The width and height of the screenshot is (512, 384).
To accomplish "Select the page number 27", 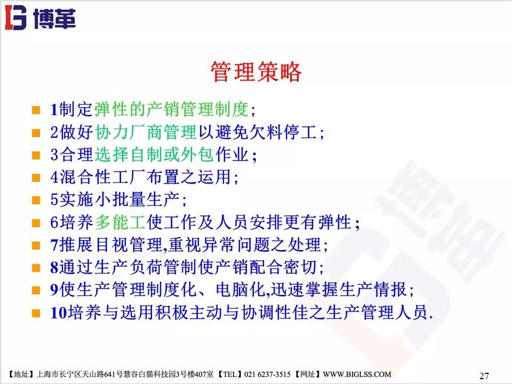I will [484, 375].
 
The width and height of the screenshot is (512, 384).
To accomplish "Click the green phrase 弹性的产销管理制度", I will [171, 110].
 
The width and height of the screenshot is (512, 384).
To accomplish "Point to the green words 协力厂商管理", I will [146, 132].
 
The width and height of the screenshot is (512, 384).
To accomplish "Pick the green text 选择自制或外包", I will [154, 155].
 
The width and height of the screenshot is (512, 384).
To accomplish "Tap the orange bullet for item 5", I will [36, 200].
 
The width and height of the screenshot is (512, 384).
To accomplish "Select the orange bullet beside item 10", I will [36, 311].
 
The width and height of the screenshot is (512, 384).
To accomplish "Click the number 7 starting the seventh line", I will [54, 244].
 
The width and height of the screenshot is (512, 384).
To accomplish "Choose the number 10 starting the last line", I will [58, 311].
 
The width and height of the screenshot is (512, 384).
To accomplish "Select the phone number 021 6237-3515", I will [277, 375].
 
